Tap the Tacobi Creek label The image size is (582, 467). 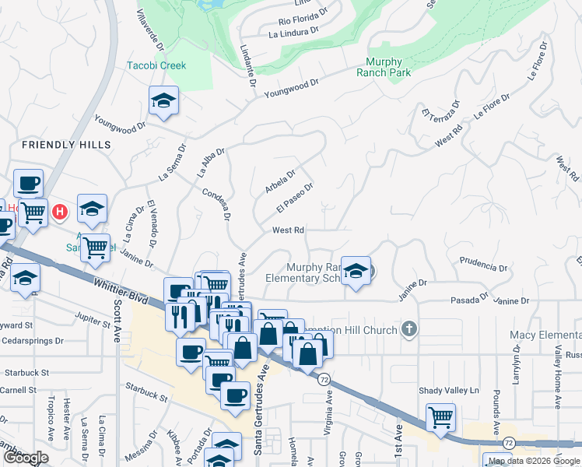156,65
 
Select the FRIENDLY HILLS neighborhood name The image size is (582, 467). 66,145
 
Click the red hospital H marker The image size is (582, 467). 59,211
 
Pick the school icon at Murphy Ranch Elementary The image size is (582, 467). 356,272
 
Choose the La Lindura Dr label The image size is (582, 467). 293,32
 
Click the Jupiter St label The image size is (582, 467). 95,318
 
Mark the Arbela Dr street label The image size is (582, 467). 280,184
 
